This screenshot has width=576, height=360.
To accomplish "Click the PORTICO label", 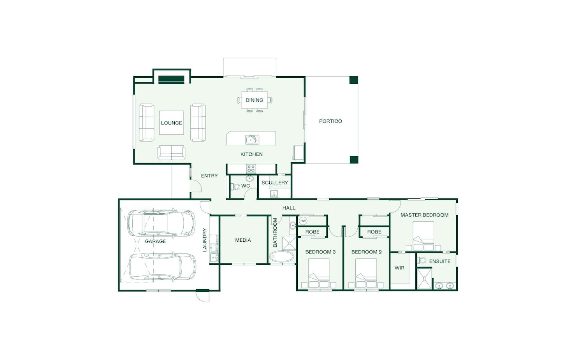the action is [330, 121].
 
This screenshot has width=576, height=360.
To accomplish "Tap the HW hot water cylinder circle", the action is [303, 221].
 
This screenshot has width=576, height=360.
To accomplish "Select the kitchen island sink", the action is [252, 140].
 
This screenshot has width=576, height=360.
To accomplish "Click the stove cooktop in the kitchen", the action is [251, 169].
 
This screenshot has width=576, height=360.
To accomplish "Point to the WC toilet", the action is [235, 186].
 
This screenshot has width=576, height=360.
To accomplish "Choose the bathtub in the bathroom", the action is [282, 256].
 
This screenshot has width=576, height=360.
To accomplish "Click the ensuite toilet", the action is [422, 260].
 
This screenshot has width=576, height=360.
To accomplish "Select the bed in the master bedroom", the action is [423, 236].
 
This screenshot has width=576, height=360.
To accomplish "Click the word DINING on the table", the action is [254, 100].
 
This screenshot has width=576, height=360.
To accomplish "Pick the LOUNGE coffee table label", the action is [172, 123].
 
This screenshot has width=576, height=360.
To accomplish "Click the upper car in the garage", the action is [161, 223].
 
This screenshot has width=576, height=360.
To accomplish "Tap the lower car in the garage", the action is [162, 267].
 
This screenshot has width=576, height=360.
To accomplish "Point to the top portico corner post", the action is [354, 80].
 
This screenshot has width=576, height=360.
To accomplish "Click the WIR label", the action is [399, 268].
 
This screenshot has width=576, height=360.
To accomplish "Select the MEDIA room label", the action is [243, 240].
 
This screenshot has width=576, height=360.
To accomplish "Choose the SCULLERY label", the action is [275, 183].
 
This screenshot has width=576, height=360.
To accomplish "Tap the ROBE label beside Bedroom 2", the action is [374, 232].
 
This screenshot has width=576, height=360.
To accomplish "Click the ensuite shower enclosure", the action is [424, 279].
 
